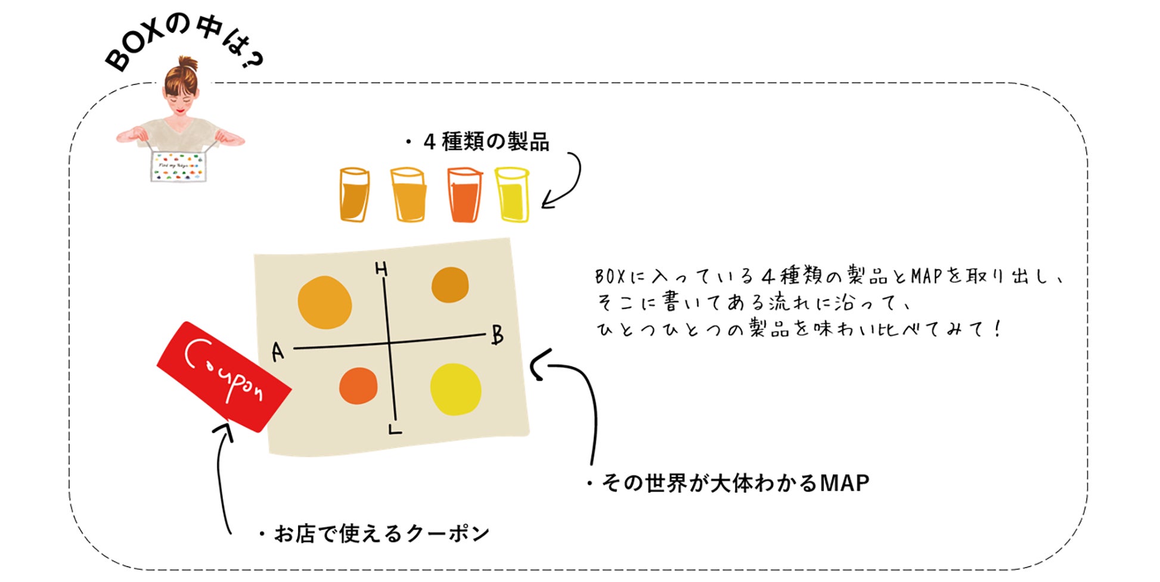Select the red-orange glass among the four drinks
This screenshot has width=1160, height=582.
tap(464, 195)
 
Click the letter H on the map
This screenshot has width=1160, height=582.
tap(382, 269)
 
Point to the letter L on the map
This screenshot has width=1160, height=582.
tap(395, 428)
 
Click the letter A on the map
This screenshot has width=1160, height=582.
tap(278, 352)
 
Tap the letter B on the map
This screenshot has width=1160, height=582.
tap(498, 335)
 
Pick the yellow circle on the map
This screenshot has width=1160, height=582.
tap(455, 389)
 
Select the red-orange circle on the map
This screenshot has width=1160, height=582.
tap(358, 385)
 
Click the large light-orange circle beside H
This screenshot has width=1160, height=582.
tap(324, 303)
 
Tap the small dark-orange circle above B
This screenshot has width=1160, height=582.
tap(450, 285)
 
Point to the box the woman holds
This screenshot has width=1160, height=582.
tap(178, 166)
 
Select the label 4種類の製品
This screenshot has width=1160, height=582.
tap(486, 142)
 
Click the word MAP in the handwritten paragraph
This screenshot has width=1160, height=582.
tap(926, 276)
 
